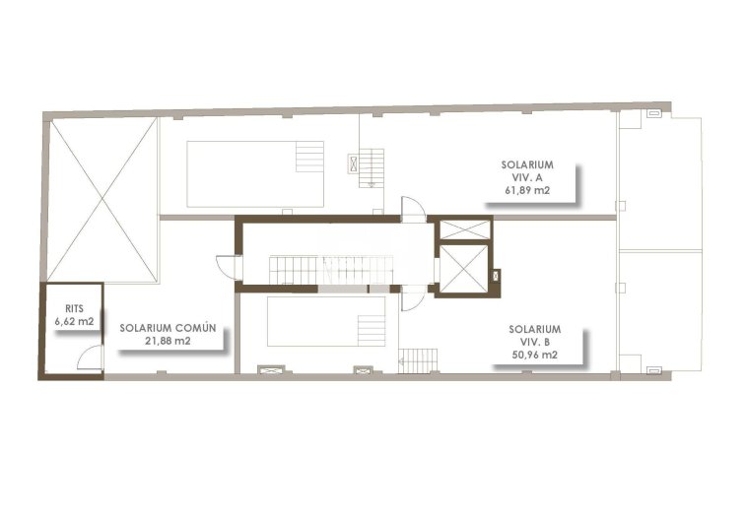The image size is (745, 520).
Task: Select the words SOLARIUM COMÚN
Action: [x=162, y=328]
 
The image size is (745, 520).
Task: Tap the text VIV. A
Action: [x=526, y=177]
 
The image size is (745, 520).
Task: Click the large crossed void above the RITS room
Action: [x=102, y=200]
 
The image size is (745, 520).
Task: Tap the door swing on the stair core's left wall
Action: [x=227, y=269]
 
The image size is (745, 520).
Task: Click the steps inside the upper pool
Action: [x=309, y=157]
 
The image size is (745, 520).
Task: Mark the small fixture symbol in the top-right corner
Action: [x=653, y=114]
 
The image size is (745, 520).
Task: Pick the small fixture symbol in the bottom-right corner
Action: [x=652, y=370]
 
